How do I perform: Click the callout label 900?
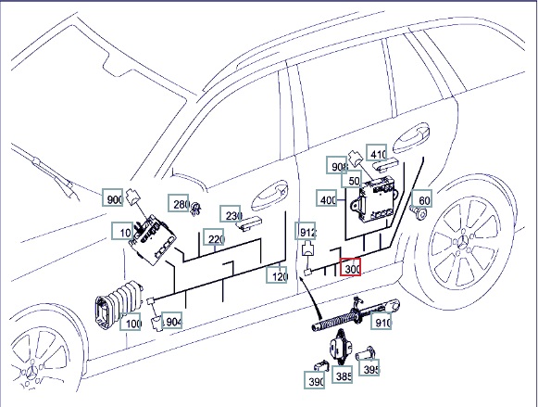point(113,198)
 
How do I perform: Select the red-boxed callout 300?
point(350,267)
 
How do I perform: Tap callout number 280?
point(179,203)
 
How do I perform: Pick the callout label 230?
point(231,213)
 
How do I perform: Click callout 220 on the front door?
point(214,237)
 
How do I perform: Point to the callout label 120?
point(277,274)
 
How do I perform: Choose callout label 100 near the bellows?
point(131,322)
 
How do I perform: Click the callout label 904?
point(172,321)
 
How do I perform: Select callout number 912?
point(306,231)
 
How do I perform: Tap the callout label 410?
point(377,153)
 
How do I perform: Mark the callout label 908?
point(337,165)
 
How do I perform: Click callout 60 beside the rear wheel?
point(422,198)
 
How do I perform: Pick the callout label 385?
point(342,375)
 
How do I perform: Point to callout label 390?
point(314,380)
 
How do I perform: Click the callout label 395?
point(369,367)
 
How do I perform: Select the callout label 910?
point(381,321)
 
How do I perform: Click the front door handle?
point(270,195)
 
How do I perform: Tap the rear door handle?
point(411,138)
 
